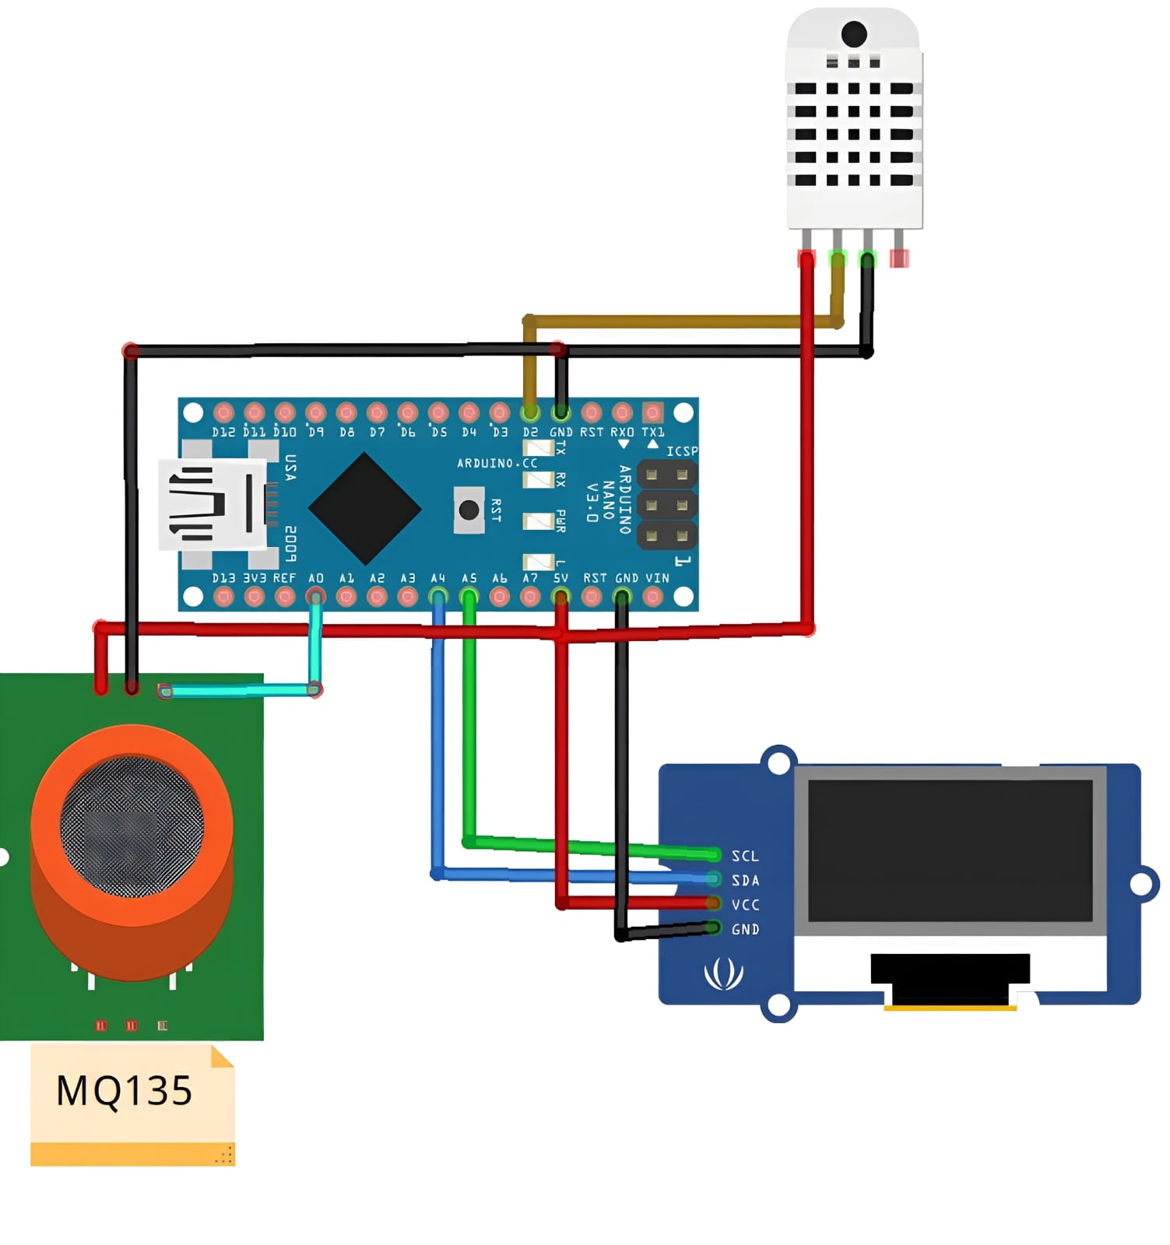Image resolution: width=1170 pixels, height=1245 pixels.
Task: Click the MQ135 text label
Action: click(124, 1090)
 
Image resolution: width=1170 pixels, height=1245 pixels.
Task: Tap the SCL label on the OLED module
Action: click(744, 856)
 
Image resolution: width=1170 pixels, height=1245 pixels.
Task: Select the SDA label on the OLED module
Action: click(744, 880)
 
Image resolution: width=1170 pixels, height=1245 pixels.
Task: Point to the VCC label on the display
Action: click(744, 904)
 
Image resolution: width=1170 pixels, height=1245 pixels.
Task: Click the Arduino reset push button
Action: click(469, 510)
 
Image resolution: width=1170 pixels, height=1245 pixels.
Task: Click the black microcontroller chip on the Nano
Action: click(364, 508)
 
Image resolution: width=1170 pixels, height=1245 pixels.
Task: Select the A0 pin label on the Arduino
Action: click(315, 579)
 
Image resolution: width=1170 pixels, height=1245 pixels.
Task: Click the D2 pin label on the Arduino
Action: click(530, 432)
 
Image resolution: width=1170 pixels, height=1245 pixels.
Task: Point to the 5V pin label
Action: click(560, 579)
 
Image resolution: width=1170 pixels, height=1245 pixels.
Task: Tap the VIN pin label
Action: click(657, 579)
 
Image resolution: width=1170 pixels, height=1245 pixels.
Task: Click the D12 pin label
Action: click(223, 432)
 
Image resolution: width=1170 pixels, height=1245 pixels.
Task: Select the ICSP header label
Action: click(681, 451)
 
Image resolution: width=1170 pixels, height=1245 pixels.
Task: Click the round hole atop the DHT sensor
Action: click(854, 34)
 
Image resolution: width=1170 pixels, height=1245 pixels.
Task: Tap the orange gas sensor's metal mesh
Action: click(132, 825)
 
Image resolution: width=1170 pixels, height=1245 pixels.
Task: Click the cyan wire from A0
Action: click(241, 690)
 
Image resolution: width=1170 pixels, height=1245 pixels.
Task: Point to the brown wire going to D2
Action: click(677, 321)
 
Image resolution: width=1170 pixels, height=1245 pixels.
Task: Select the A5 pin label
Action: click(469, 579)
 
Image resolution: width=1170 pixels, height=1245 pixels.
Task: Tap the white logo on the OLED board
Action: click(723, 973)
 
